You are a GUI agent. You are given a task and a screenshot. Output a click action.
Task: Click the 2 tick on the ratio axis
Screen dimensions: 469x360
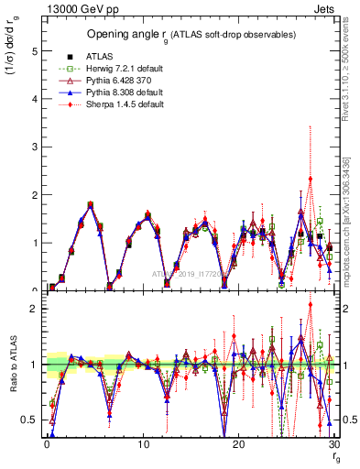coord(33,309)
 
